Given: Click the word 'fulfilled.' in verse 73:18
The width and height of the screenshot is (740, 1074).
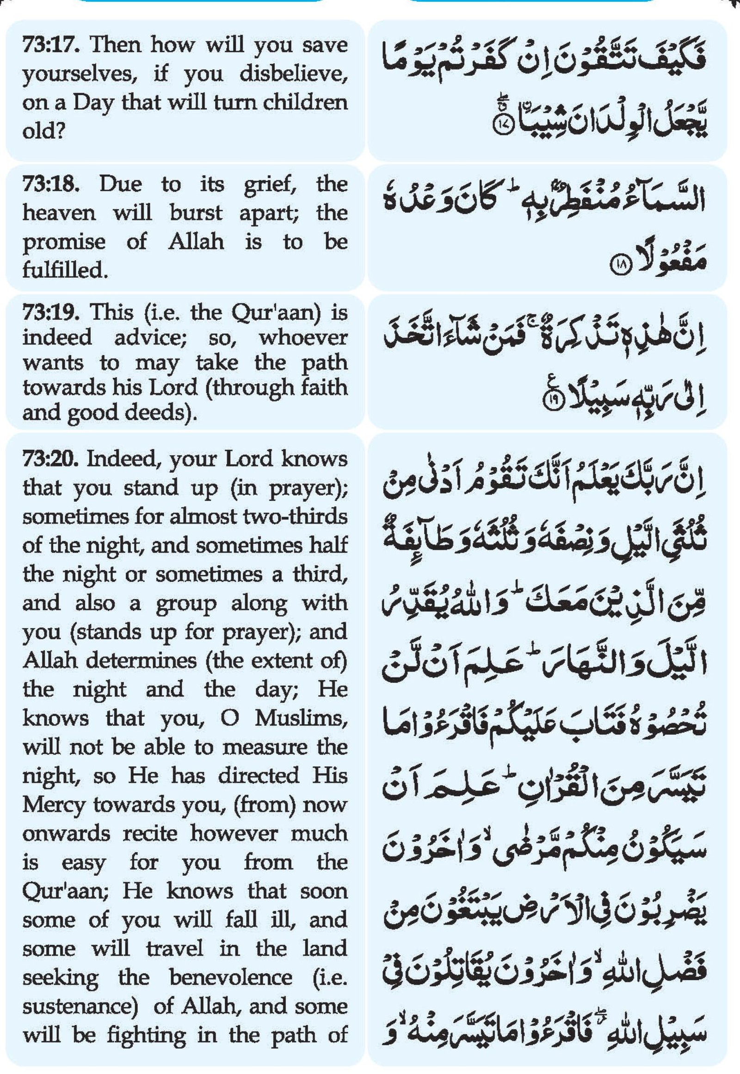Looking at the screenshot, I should (64, 270).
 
